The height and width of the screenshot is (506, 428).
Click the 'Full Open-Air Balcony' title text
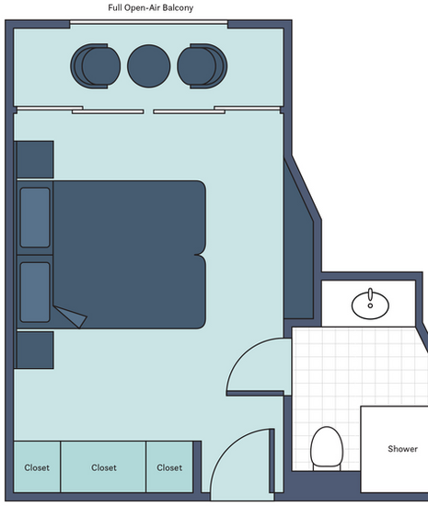pyautogui.click(x=150, y=7)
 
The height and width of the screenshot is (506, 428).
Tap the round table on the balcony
pyautogui.click(x=149, y=66)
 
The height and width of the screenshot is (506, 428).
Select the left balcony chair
pyautogui.click(x=96, y=66)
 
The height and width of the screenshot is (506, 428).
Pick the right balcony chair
pyautogui.click(x=202, y=66)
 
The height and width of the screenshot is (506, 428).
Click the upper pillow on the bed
pyautogui.click(x=35, y=217)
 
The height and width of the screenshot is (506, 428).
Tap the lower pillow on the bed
pyautogui.click(x=35, y=293)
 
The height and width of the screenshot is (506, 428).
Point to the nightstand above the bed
pyautogui.click(x=35, y=159)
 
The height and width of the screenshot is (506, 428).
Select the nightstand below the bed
pyautogui.click(x=35, y=350)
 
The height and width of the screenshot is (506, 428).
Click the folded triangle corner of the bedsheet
pyautogui.click(x=73, y=316)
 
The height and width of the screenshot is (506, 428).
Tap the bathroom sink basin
pyautogui.click(x=370, y=304)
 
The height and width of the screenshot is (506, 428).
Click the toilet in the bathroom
pyautogui.click(x=327, y=449)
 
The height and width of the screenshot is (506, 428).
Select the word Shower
pyautogui.click(x=403, y=449)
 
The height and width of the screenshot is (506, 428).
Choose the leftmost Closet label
pyautogui.click(x=37, y=467)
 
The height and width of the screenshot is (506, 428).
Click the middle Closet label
pyautogui.click(x=104, y=467)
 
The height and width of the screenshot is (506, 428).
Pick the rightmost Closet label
pyautogui.click(x=169, y=467)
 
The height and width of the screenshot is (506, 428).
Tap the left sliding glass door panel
pyautogui.click(x=108, y=111)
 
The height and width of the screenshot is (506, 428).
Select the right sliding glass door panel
pyautogui.click(x=189, y=111)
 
